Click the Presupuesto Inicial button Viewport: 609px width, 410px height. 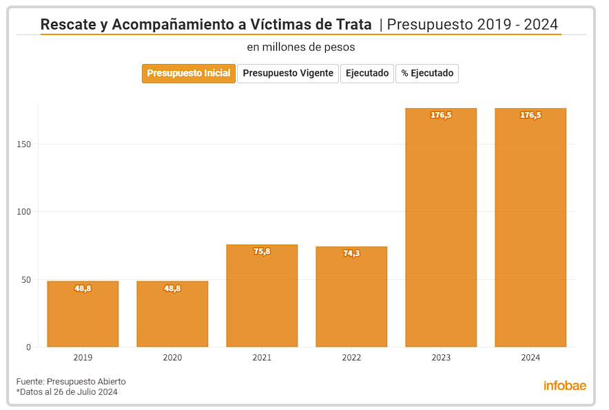tap(189, 74)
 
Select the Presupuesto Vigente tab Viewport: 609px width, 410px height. tap(288, 74)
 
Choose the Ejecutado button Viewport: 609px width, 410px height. tap(367, 74)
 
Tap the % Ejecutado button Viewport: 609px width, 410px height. tap(427, 74)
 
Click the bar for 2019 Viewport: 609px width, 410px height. tap(83, 316)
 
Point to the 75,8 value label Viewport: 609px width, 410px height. tap(262, 252)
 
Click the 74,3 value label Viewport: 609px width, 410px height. tap(351, 254)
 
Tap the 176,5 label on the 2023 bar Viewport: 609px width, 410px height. tap(441, 116)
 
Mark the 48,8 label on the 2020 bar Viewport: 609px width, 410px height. tap(172, 289)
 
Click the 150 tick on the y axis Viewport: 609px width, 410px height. tap(25, 144)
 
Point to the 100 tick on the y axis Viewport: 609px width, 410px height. tap(25, 212)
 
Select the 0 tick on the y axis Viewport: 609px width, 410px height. tap(29, 347)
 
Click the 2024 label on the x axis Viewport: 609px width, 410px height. tap(530, 358)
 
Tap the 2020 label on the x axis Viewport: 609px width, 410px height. tap(172, 358)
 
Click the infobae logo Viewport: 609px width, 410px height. tap(565, 386)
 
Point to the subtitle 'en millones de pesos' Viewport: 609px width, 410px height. tap(301, 47)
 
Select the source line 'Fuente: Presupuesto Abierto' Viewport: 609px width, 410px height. tap(71, 382)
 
